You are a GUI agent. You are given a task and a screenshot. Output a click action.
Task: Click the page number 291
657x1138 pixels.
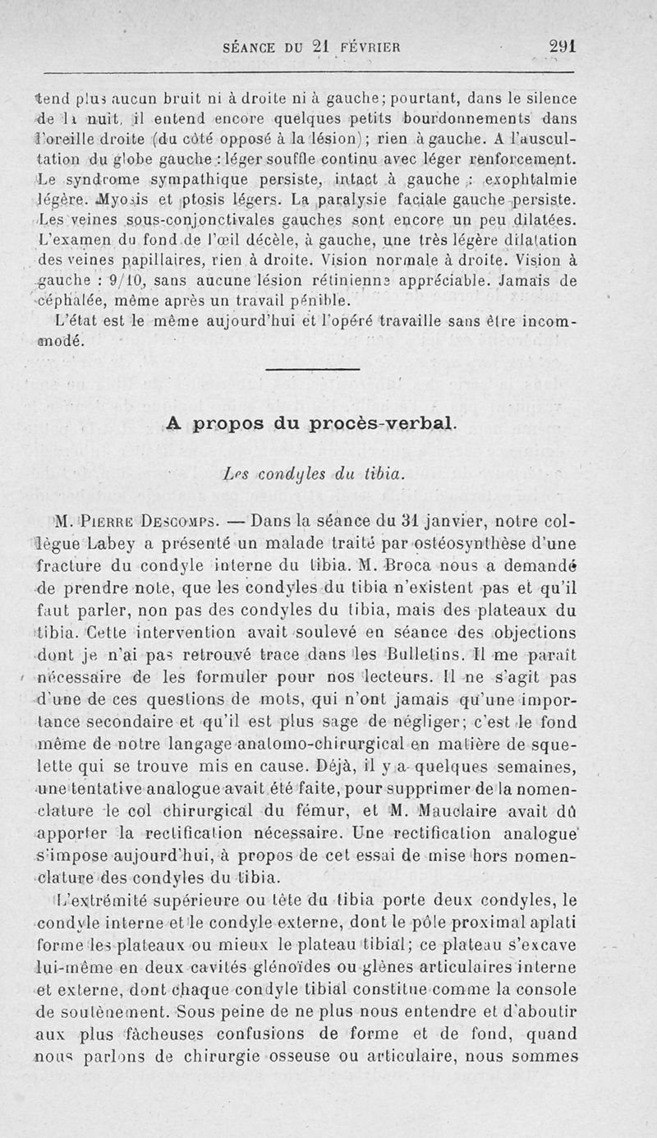point(563,47)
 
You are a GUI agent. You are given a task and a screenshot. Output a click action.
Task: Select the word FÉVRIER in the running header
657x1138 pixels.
point(370,48)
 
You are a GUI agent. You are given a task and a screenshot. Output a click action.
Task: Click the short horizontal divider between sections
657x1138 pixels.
point(313,368)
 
